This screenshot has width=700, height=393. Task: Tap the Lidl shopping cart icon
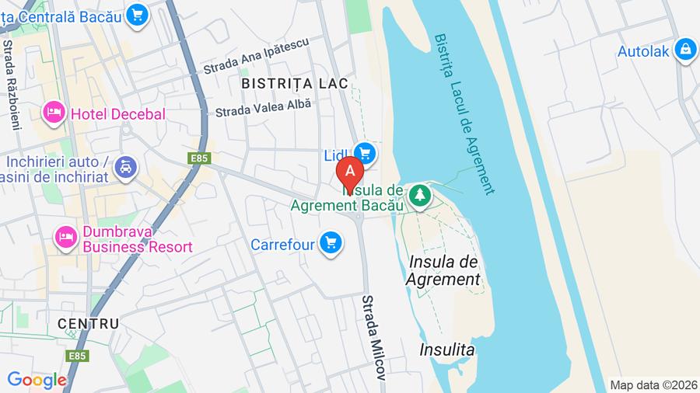[364, 153]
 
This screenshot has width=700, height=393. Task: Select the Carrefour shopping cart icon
[331, 244]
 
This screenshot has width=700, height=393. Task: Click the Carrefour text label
[282, 245]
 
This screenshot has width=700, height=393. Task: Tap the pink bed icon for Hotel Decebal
[54, 113]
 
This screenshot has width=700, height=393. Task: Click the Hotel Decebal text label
[117, 114]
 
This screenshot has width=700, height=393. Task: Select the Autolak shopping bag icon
[685, 50]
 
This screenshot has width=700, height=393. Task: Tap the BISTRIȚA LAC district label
[294, 82]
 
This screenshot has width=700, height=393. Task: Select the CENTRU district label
[88, 323]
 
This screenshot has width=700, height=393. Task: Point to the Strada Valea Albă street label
[263, 107]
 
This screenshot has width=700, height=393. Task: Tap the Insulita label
[446, 350]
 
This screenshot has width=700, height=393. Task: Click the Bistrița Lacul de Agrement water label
[464, 113]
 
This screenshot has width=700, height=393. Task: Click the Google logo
[36, 380]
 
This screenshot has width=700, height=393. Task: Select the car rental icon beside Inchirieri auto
[125, 166]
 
